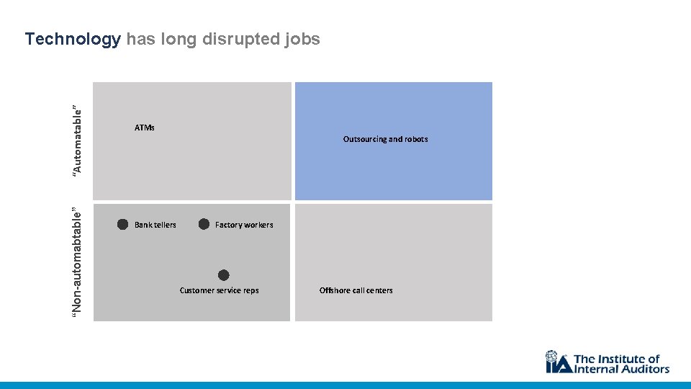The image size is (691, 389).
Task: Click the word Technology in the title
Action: pos(73,40)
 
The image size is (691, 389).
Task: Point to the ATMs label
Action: pos(145,128)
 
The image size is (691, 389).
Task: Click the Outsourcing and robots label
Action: pos(385,139)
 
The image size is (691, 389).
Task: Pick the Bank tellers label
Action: pos(155,225)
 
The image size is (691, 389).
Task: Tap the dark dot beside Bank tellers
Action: pos(123,224)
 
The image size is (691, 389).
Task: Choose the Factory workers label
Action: pos(244,225)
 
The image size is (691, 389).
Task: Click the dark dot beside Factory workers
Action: pos(204,224)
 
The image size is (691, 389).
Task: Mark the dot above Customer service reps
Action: pos(224,275)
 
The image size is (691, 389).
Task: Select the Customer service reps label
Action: pos(219,290)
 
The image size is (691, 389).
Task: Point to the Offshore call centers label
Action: pos(356,290)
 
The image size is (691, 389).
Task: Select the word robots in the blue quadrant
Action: pos(416,139)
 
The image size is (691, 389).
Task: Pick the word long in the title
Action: pos(179,40)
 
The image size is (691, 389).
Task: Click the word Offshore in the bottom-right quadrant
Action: pos(335,290)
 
